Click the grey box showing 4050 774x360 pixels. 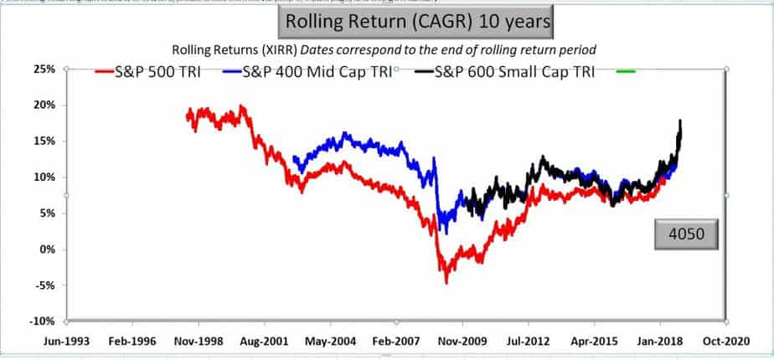[x=687, y=235]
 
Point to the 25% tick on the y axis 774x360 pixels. [x=44, y=69]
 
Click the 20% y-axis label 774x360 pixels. [x=44, y=105]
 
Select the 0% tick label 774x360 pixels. [x=47, y=249]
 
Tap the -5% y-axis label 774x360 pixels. [x=45, y=285]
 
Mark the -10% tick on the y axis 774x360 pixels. [x=43, y=321]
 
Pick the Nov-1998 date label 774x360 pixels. [x=199, y=342]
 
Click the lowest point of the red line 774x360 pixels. [x=446, y=282]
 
